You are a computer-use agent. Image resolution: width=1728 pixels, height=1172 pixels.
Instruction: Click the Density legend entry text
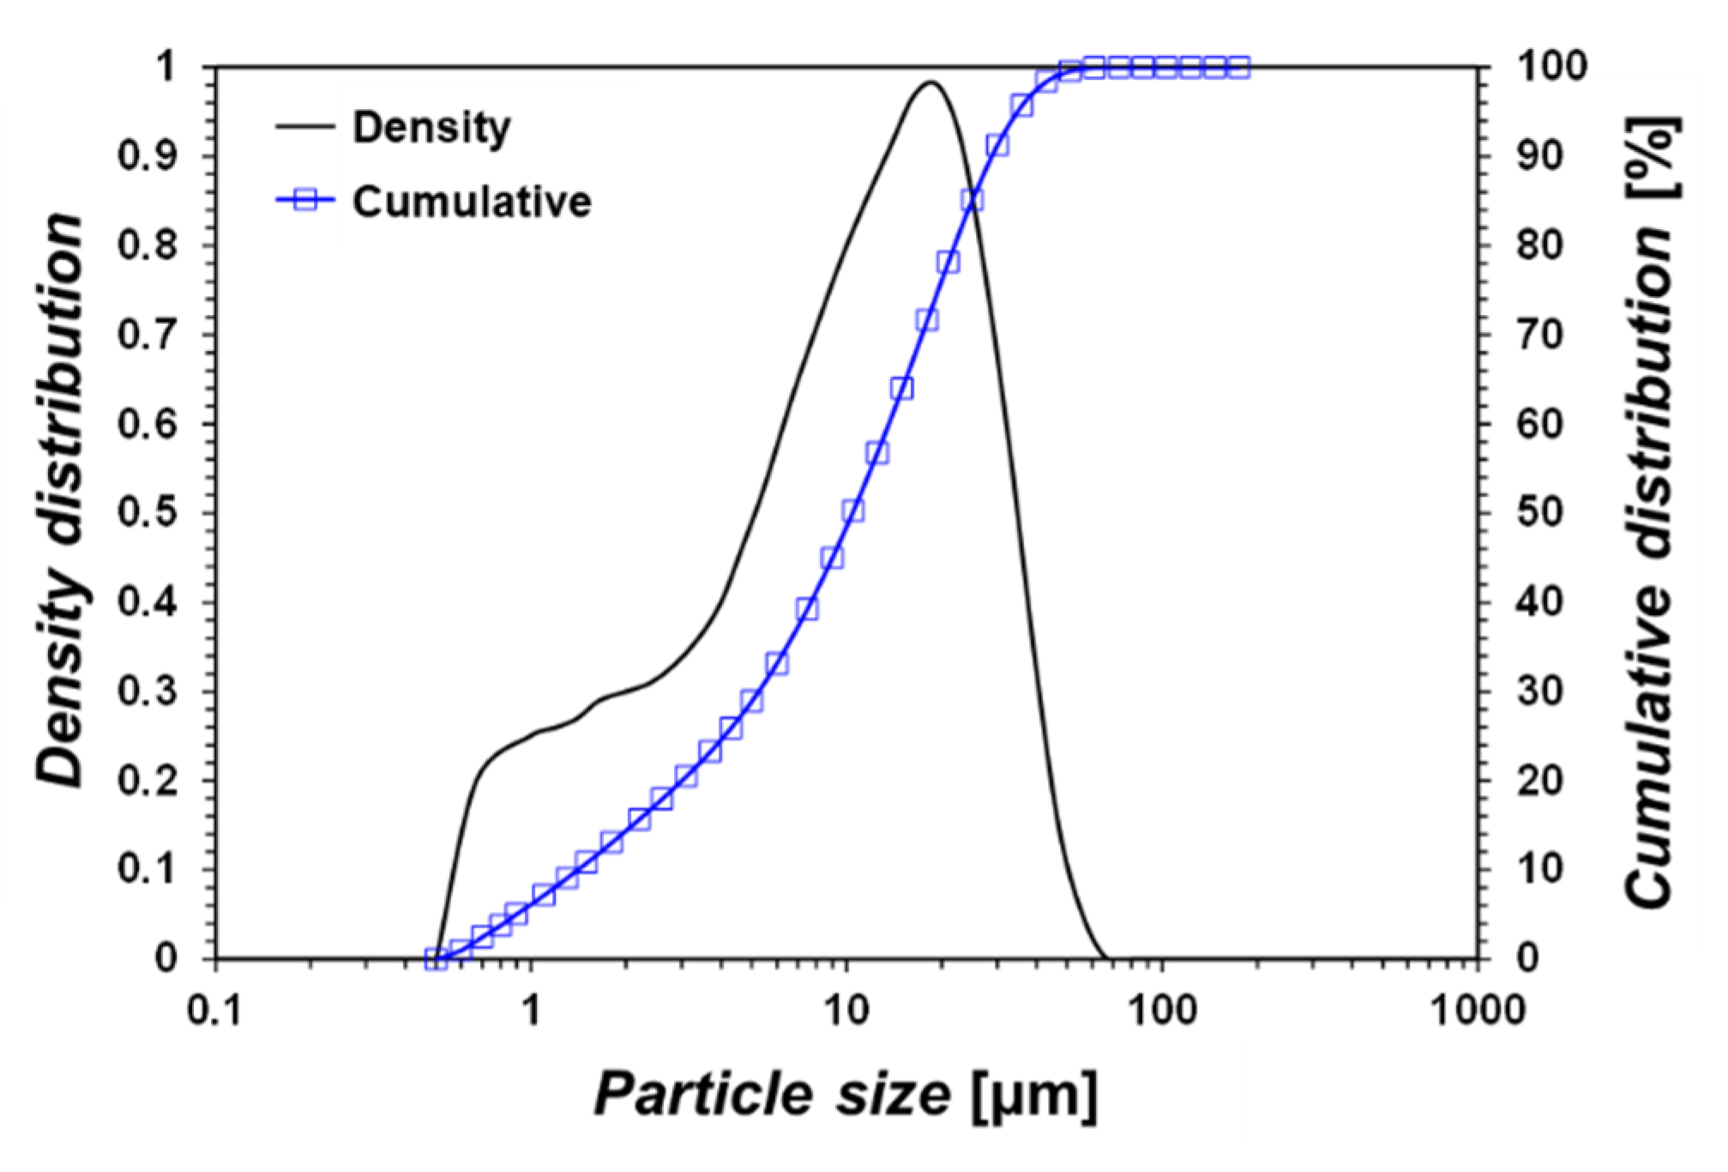430,128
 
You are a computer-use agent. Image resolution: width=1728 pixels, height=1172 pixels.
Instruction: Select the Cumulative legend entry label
472,202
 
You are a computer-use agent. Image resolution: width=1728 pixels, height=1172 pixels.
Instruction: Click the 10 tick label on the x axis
846,1011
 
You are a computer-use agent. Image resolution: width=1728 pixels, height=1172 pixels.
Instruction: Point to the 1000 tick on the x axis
1477,1011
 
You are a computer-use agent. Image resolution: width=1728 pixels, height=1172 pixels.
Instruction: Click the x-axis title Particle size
772,1096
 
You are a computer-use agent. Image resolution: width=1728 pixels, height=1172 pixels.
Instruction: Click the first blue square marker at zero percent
436,958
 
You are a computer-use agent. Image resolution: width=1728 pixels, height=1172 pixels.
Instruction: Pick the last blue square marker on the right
1238,67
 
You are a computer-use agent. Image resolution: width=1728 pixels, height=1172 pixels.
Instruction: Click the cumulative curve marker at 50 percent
852,511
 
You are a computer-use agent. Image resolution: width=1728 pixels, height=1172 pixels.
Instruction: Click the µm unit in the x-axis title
1035,1096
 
